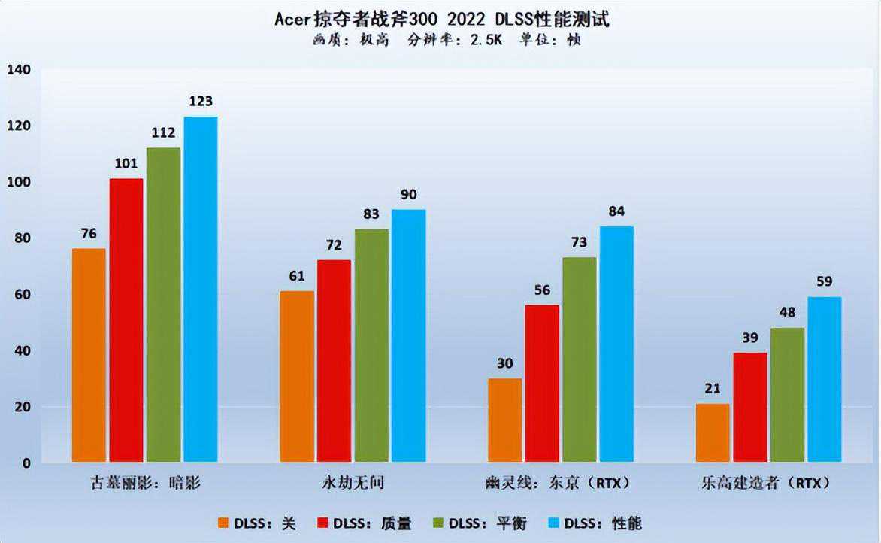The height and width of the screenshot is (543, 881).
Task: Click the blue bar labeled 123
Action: [x=201, y=289]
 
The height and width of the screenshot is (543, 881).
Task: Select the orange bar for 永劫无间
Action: [x=297, y=376]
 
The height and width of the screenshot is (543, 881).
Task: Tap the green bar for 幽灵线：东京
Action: [x=579, y=359]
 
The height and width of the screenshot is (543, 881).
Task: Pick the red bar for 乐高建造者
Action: [x=750, y=407]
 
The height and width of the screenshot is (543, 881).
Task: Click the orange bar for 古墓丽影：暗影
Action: [x=89, y=355]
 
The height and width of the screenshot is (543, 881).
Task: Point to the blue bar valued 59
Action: [x=824, y=379]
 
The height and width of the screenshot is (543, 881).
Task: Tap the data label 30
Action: [x=504, y=364]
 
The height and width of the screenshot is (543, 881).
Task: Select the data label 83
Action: [x=371, y=214]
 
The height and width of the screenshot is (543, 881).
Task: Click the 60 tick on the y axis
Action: [x=22, y=295]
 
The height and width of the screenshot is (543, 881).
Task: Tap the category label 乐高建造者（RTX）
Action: [x=769, y=483]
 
